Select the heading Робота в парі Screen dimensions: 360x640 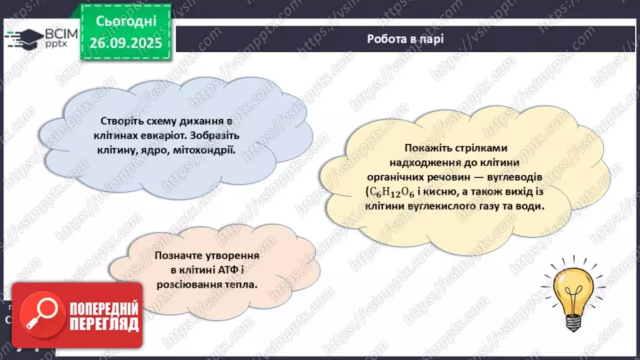tap(405, 39)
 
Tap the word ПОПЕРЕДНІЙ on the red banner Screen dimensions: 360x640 tap(103, 309)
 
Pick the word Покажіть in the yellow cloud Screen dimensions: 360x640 tap(426, 148)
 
